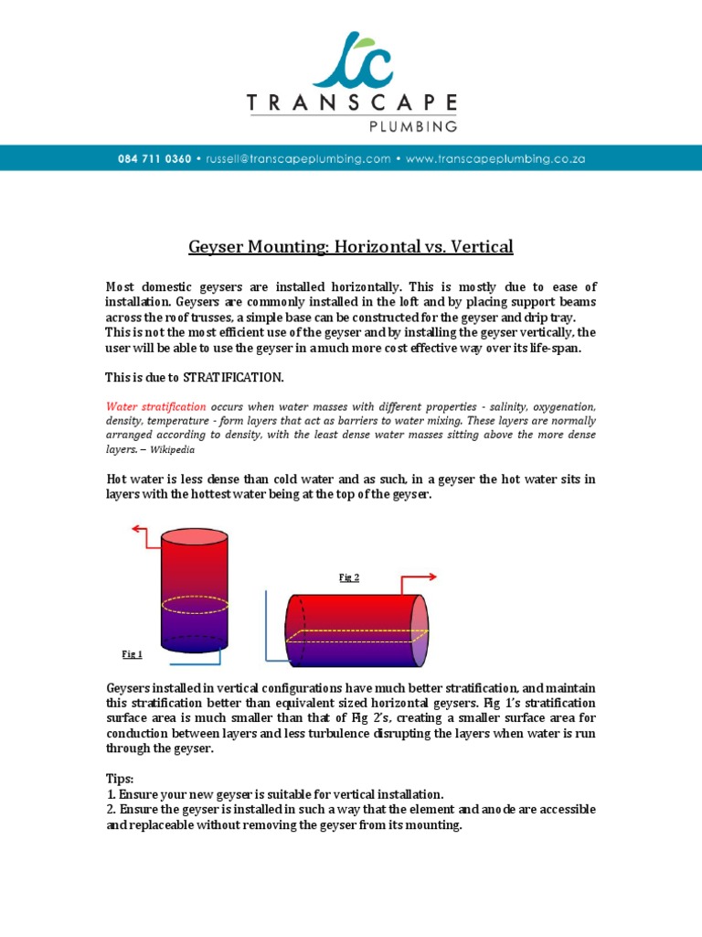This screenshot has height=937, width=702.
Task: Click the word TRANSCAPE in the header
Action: tap(351, 103)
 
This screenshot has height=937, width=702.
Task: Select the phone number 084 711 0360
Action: tap(154, 158)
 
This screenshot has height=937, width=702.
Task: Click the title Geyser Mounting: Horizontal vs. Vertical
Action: tap(351, 247)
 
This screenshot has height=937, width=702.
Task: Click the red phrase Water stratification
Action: tap(157, 405)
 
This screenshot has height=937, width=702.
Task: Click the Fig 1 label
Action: tap(133, 653)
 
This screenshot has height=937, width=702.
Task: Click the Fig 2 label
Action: tap(349, 577)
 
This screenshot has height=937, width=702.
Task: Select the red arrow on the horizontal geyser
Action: tap(420, 577)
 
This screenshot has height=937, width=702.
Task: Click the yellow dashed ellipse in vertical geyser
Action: tap(195, 605)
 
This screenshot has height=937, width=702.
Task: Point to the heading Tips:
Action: tap(120, 779)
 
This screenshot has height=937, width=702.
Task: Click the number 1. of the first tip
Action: tap(111, 794)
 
